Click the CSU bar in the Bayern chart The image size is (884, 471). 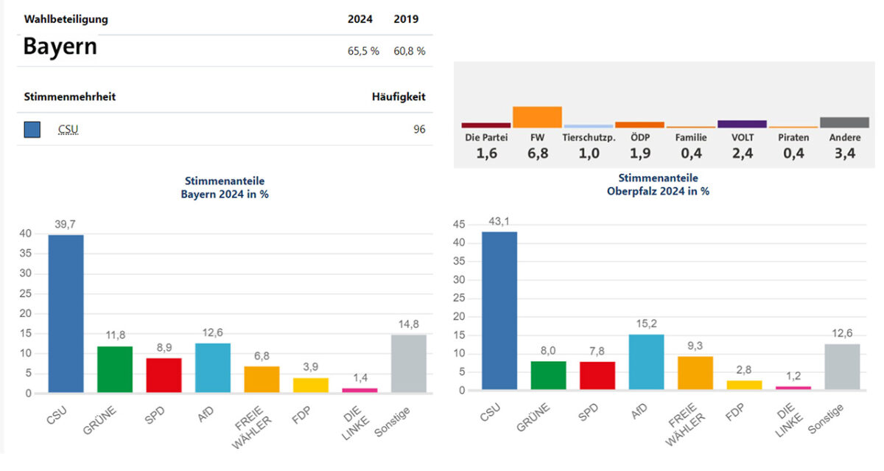click(x=66, y=314)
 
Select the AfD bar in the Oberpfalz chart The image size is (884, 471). click(x=645, y=362)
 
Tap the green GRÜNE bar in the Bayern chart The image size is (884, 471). click(x=115, y=369)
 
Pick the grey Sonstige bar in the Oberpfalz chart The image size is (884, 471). click(x=841, y=366)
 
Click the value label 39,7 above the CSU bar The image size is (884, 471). click(x=66, y=225)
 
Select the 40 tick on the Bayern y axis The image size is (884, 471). click(x=26, y=234)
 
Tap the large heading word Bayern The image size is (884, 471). click(x=60, y=46)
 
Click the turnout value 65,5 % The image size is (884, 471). click(x=364, y=51)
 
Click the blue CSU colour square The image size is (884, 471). click(x=32, y=130)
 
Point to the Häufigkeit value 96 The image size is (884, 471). click(x=419, y=130)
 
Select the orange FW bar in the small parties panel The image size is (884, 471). click(x=537, y=117)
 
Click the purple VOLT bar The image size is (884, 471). click(x=742, y=124)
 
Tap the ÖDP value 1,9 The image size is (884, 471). click(x=639, y=153)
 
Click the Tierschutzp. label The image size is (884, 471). click(x=588, y=137)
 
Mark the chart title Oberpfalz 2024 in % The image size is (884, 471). click(x=658, y=191)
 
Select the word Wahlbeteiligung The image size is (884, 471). click(x=66, y=19)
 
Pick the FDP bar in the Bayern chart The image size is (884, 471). click(x=310, y=385)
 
